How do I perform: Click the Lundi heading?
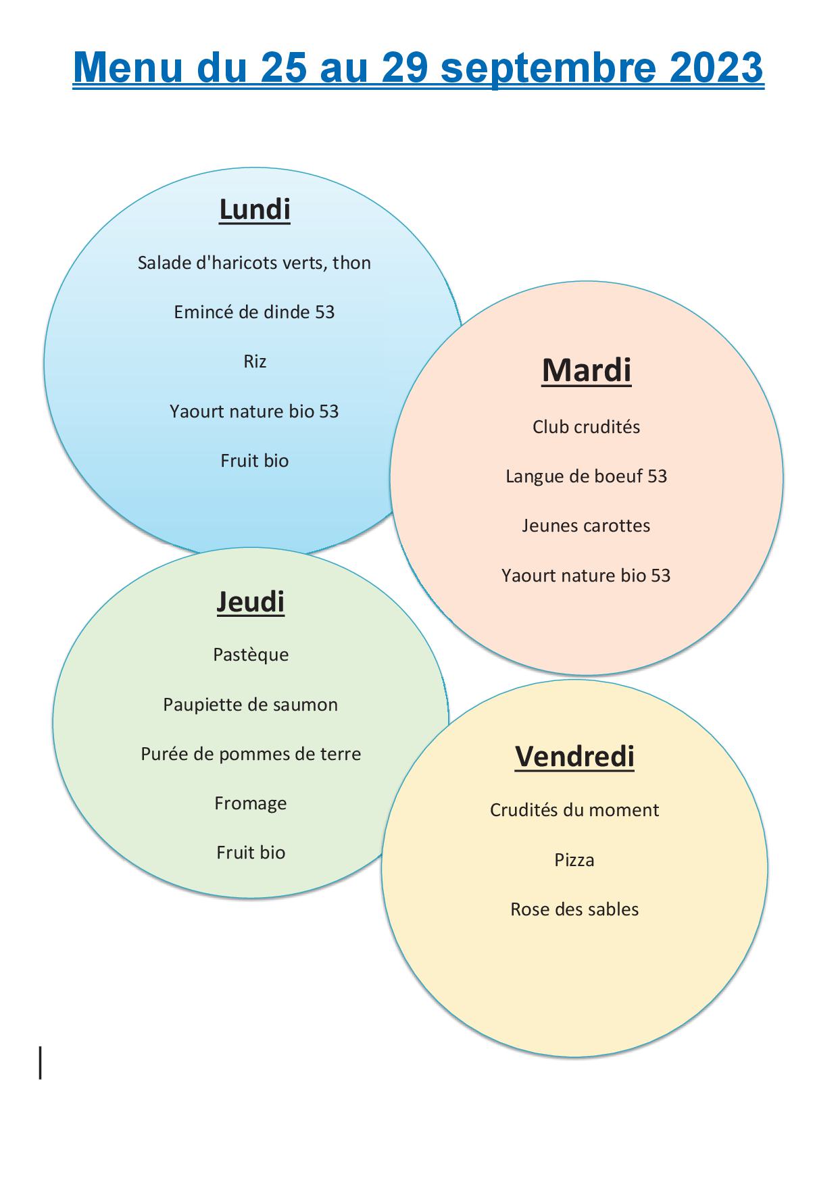point(255,209)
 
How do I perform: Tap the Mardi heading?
point(587,370)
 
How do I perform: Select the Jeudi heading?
point(251,602)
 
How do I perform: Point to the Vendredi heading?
point(575,756)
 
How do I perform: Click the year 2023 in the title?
point(716,68)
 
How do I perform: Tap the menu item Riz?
point(255,361)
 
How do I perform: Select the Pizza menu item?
point(574,860)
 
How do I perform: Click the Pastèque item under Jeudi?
point(251,655)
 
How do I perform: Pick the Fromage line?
point(251,803)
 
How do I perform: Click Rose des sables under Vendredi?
point(574,909)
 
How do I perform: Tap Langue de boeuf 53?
point(587,476)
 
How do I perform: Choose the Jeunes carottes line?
point(586,526)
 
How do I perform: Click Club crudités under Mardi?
point(586,427)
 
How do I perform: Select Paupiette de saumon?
point(251,705)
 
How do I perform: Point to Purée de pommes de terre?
point(251,754)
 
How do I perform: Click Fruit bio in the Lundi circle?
point(255,461)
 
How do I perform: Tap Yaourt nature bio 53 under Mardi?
point(586,576)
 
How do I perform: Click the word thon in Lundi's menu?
point(352,263)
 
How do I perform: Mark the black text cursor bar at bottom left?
point(41,1062)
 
